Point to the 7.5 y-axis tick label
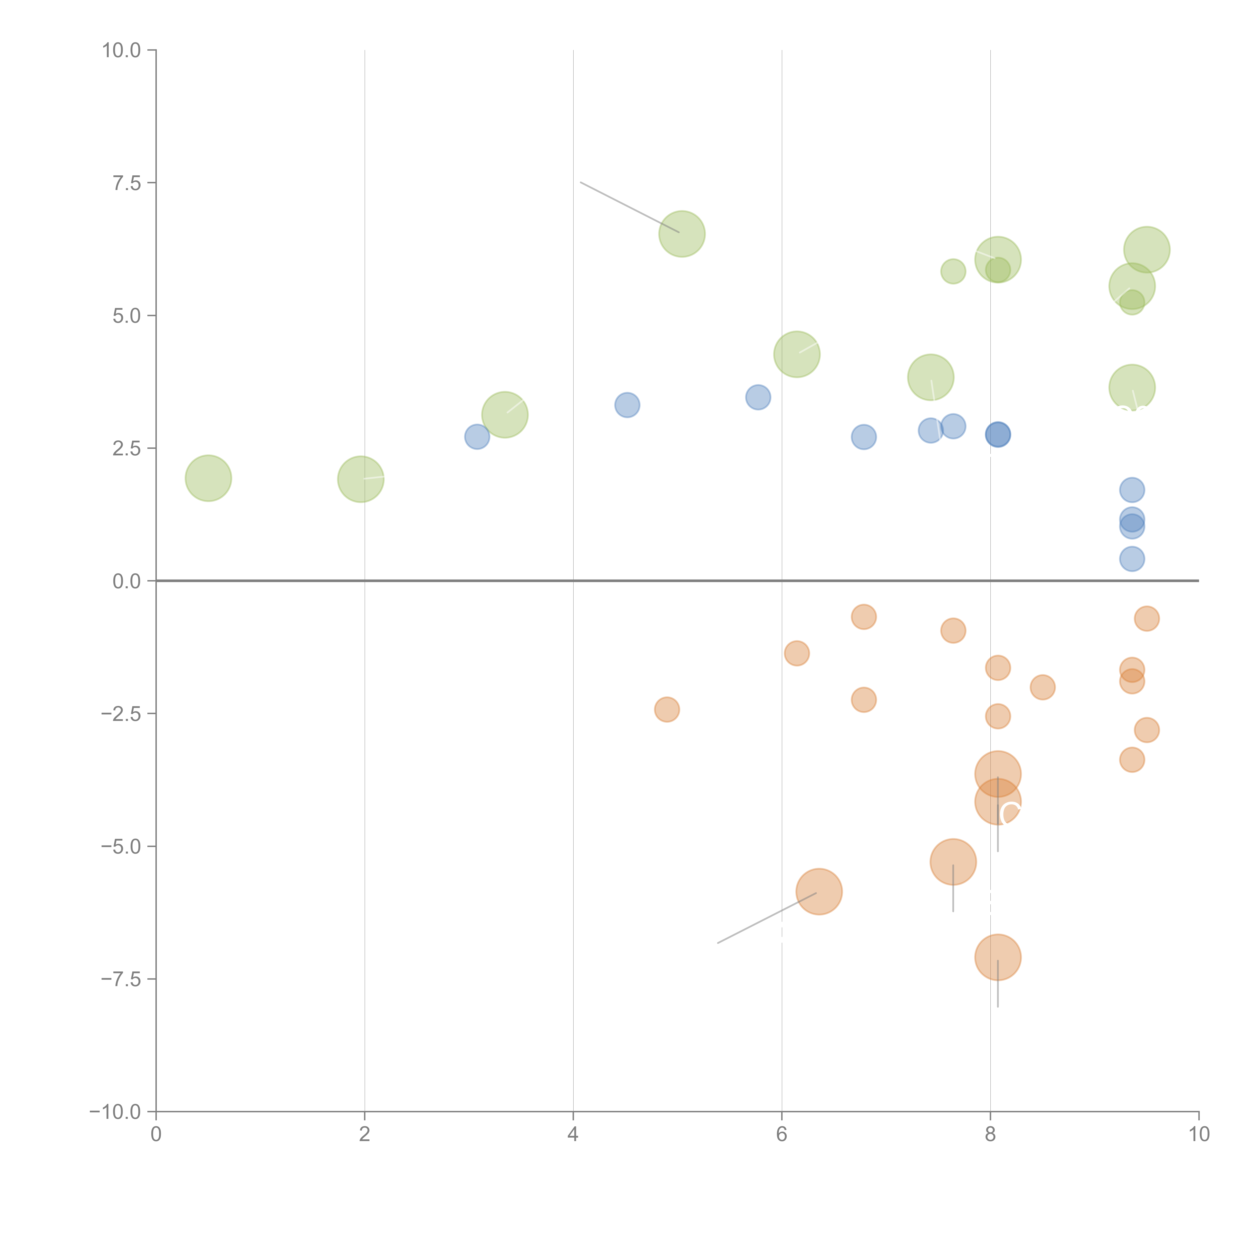[x=127, y=183]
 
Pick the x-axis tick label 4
[x=573, y=1135]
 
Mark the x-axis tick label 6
[x=782, y=1135]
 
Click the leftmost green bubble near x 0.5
[x=208, y=478]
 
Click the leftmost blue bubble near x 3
[x=477, y=437]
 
